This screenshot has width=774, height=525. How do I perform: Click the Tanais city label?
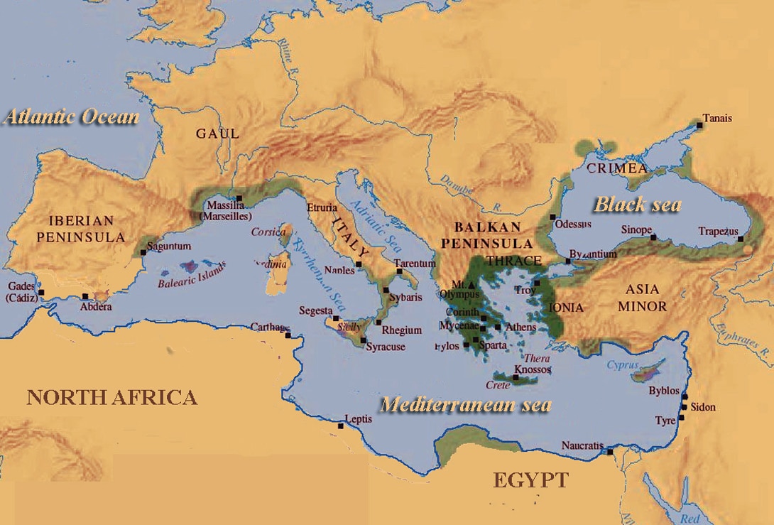pos(717,118)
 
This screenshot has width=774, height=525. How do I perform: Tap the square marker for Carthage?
pos(288,335)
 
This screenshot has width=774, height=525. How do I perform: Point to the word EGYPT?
pos(531,480)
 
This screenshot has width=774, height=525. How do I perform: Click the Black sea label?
pos(637,205)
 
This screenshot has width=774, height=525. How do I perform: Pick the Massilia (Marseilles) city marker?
pos(240,198)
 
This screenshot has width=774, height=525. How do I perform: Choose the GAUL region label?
pos(217,134)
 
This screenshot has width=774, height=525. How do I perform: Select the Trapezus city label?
pos(718,232)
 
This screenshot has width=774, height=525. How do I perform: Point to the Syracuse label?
pos(386,347)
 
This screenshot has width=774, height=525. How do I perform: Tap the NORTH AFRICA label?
pos(111,397)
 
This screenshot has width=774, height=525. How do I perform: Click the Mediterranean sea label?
pos(465,404)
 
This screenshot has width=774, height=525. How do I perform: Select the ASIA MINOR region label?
pos(645,298)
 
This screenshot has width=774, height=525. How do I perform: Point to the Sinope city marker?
pos(653,237)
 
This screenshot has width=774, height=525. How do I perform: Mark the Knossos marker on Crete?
pos(516,377)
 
